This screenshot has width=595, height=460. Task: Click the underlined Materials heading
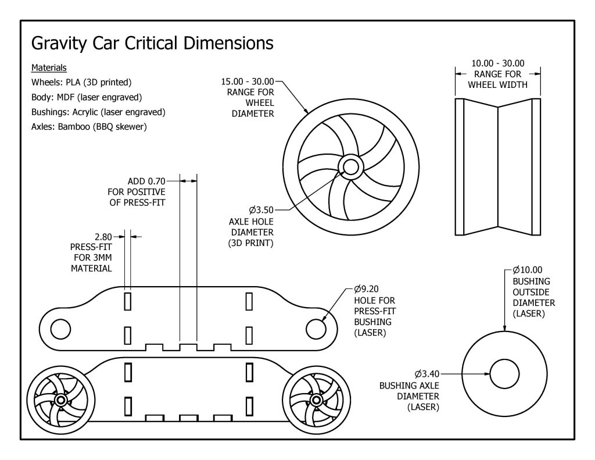pos(49,68)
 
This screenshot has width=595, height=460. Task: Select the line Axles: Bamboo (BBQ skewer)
pos(88,126)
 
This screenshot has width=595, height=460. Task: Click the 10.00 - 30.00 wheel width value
pos(497,63)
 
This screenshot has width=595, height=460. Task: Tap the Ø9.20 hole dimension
pos(367,289)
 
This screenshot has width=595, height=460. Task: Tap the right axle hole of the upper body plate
pos(316,329)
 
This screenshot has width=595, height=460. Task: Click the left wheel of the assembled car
pos(61,401)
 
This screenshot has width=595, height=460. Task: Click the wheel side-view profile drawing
pos(498,167)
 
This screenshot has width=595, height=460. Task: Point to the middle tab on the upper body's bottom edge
pos(188,347)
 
